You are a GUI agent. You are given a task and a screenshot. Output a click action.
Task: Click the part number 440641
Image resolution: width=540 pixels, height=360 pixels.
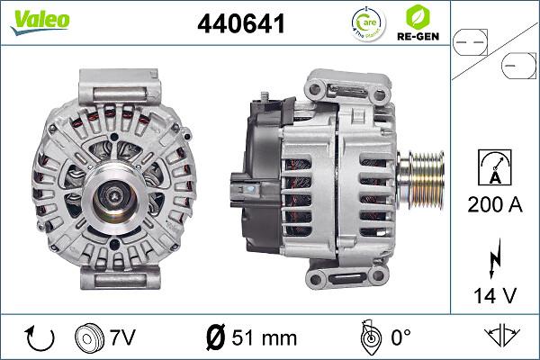241,24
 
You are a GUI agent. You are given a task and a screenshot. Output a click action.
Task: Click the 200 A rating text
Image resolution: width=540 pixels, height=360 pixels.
495,204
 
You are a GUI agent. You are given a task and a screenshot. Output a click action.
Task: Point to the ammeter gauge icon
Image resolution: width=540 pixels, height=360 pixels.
495,166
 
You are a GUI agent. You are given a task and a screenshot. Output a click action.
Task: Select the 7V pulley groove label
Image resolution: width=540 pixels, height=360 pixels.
122,337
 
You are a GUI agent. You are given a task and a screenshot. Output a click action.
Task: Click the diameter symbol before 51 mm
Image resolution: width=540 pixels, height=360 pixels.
215,337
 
